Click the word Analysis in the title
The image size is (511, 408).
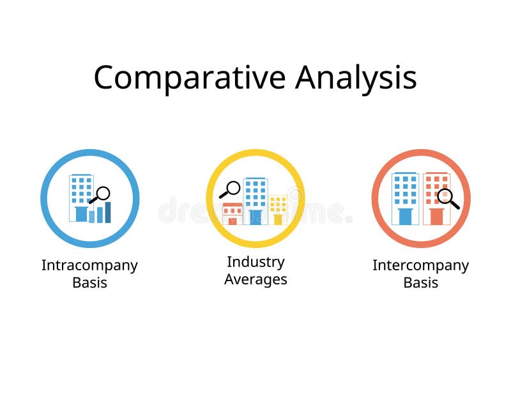356,78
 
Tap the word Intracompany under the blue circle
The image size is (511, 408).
89,265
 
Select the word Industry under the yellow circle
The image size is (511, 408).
256,261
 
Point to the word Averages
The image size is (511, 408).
256,279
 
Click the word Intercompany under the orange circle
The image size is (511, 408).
420,265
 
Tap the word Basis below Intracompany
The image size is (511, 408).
89,282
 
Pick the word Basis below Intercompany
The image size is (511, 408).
420,282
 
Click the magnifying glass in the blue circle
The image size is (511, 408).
101,194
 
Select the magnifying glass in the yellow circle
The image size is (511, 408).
231,189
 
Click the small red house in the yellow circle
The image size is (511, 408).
233,214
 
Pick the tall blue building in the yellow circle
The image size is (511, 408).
256,200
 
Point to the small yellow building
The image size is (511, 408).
278,210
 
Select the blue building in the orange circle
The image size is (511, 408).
405,198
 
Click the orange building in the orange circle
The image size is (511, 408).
436,198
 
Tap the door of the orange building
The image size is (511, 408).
436,217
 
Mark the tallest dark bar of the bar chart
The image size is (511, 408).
108,212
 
